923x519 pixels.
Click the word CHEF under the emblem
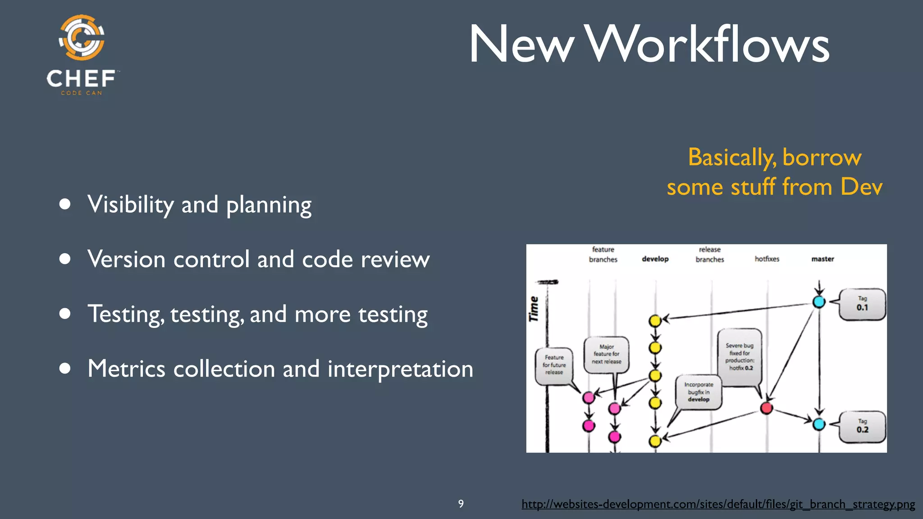81,79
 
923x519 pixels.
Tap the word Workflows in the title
708,45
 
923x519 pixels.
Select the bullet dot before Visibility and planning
65,204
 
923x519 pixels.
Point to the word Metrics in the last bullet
127,369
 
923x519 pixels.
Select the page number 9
461,504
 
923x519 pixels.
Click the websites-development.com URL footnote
718,504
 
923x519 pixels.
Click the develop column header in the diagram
655,259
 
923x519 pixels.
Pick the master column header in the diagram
822,259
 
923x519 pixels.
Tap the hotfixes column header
767,259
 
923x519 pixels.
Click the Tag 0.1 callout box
862,305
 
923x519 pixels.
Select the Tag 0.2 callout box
862,427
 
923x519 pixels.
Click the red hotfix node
766,408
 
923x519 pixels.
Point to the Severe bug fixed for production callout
740,357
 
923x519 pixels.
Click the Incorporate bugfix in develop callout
699,392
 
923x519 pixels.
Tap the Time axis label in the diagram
534,309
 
